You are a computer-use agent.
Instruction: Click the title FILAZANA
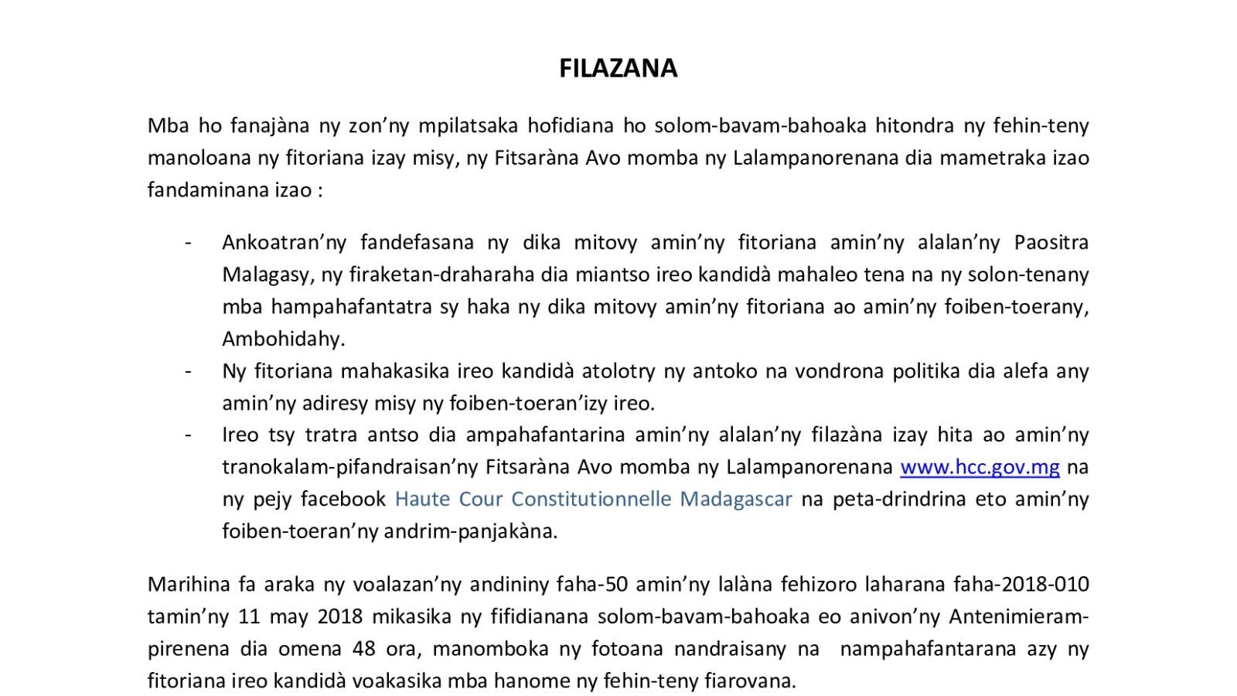click(x=618, y=69)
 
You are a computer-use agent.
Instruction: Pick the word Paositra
click(x=1051, y=243)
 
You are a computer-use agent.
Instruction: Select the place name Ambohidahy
click(x=283, y=339)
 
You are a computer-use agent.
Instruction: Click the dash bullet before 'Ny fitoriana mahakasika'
click(x=188, y=371)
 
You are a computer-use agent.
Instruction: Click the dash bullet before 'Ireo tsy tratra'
click(x=188, y=435)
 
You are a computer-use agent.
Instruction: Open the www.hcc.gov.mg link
click(x=980, y=468)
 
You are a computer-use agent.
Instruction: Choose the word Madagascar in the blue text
click(x=735, y=500)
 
